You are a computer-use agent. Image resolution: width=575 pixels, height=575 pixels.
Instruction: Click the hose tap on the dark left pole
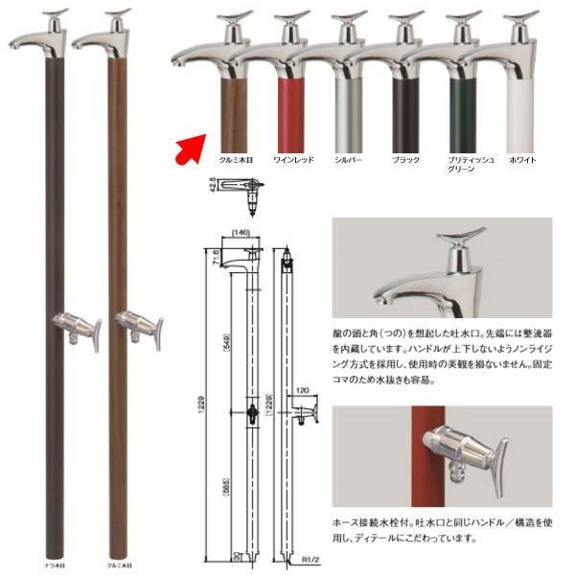[x=71, y=327]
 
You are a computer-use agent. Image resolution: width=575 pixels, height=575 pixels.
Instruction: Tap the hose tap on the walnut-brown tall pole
[x=138, y=327]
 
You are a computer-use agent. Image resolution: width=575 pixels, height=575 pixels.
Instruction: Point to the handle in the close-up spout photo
[x=455, y=244]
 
